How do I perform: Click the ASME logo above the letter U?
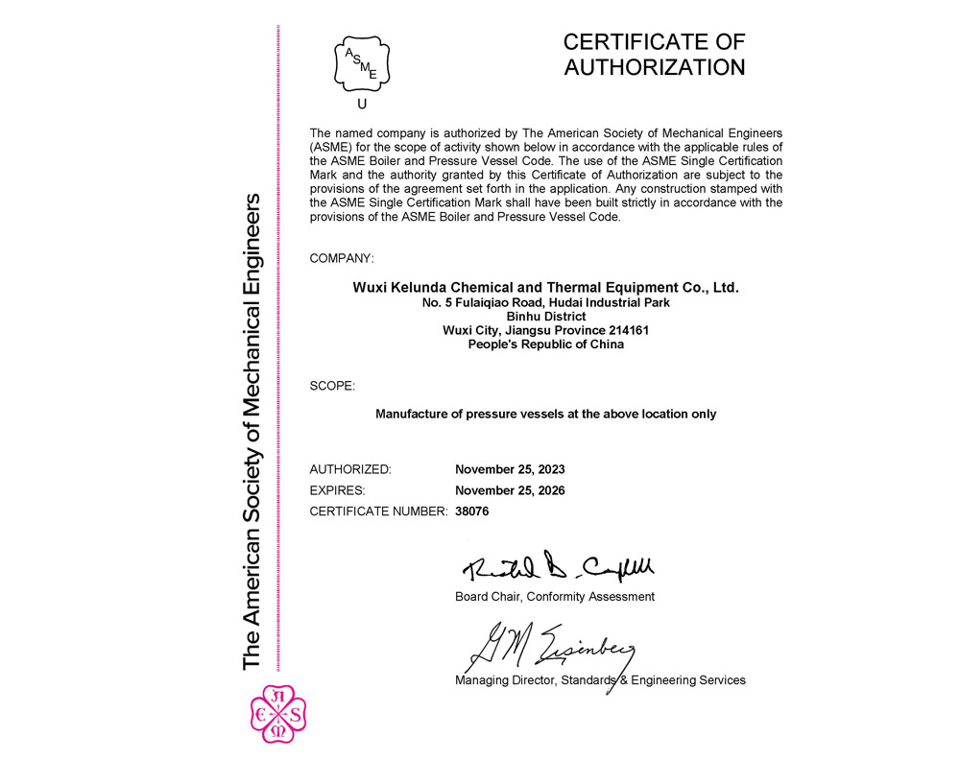pyautogui.click(x=361, y=61)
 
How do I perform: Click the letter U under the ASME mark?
pyautogui.click(x=361, y=105)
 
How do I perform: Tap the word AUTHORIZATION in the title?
pyautogui.click(x=654, y=67)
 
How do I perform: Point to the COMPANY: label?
pyautogui.click(x=342, y=259)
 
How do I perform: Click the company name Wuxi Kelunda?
pyautogui.click(x=545, y=287)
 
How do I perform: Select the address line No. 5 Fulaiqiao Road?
pyautogui.click(x=545, y=302)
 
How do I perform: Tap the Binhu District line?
pyautogui.click(x=545, y=316)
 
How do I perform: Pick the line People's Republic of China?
pyautogui.click(x=545, y=344)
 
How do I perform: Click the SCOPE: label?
pyautogui.click(x=332, y=386)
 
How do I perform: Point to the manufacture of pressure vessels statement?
pyautogui.click(x=545, y=415)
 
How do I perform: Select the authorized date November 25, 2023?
pyautogui.click(x=510, y=470)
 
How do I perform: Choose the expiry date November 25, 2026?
pyautogui.click(x=510, y=490)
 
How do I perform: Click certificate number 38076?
pyautogui.click(x=472, y=511)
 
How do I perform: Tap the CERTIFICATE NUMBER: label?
pyautogui.click(x=378, y=511)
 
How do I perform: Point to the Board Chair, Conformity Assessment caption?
pyautogui.click(x=554, y=597)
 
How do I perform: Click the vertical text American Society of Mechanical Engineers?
pyautogui.click(x=252, y=432)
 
